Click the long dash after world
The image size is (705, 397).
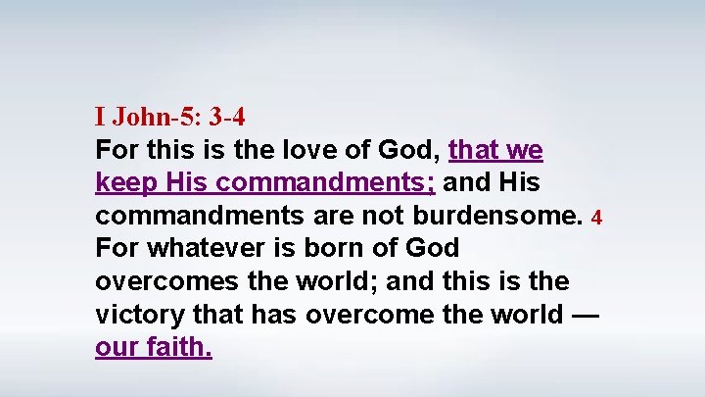[x=584, y=314]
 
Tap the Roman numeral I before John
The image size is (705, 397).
[x=100, y=118]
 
